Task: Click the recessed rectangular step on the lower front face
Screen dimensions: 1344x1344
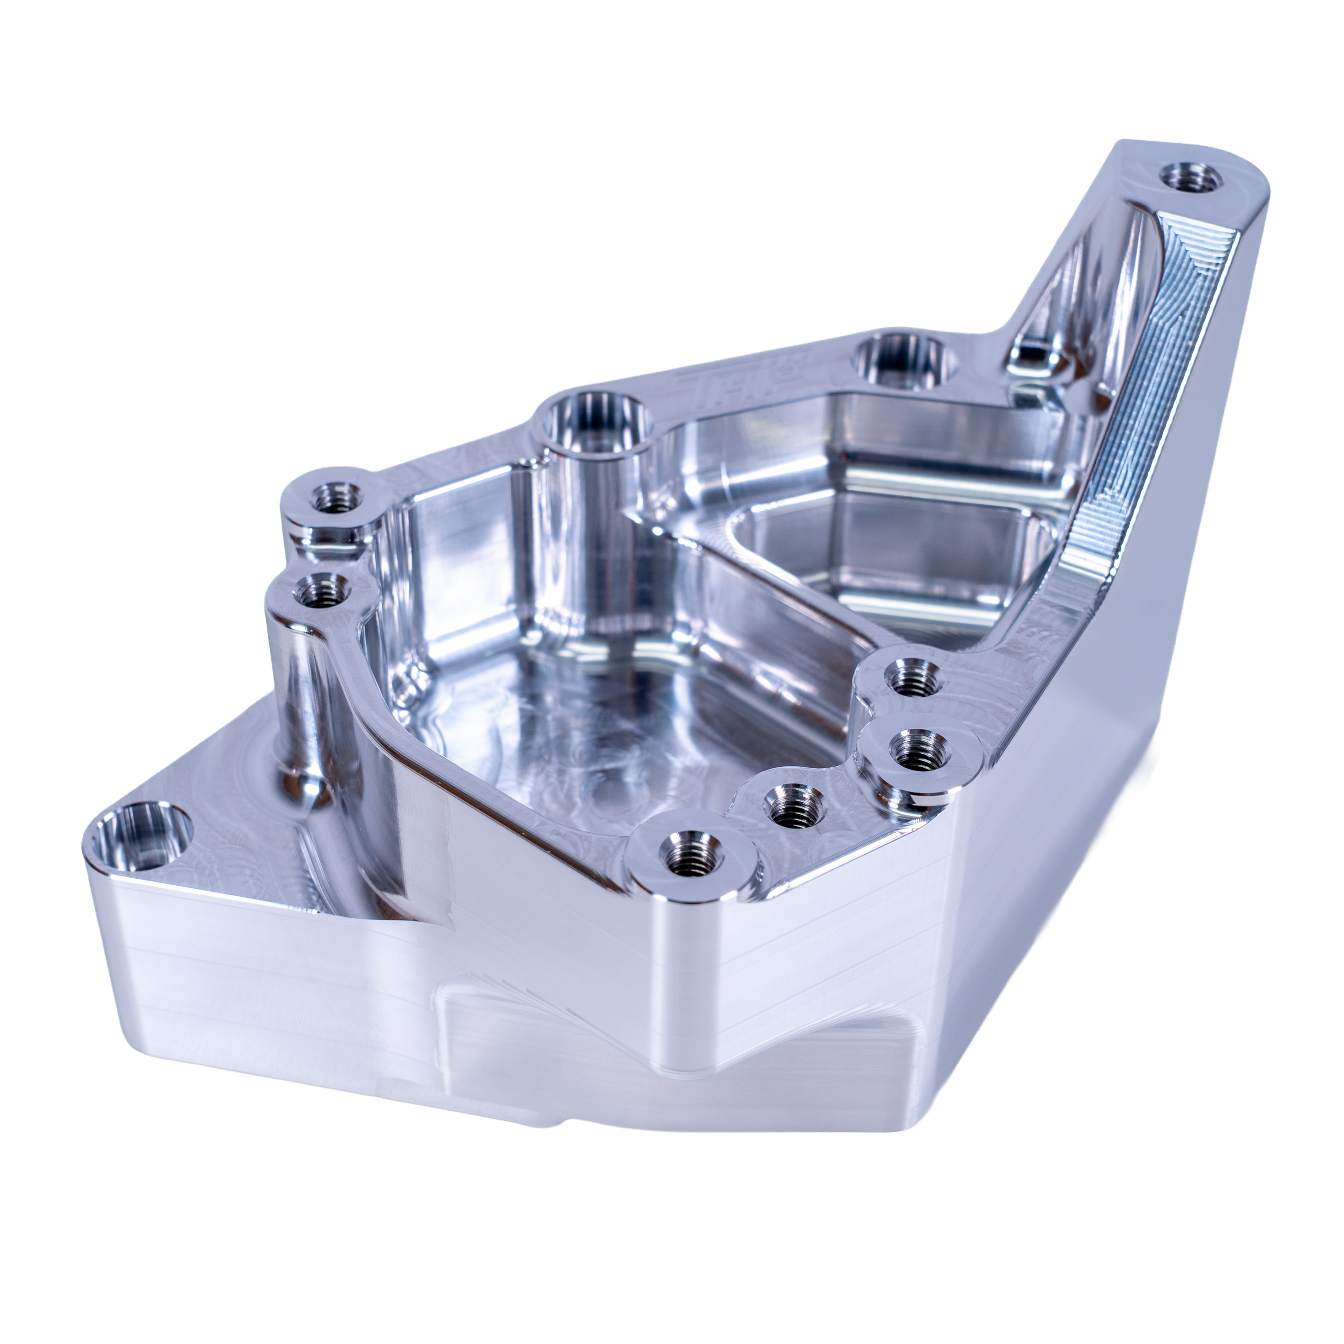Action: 626,1044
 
